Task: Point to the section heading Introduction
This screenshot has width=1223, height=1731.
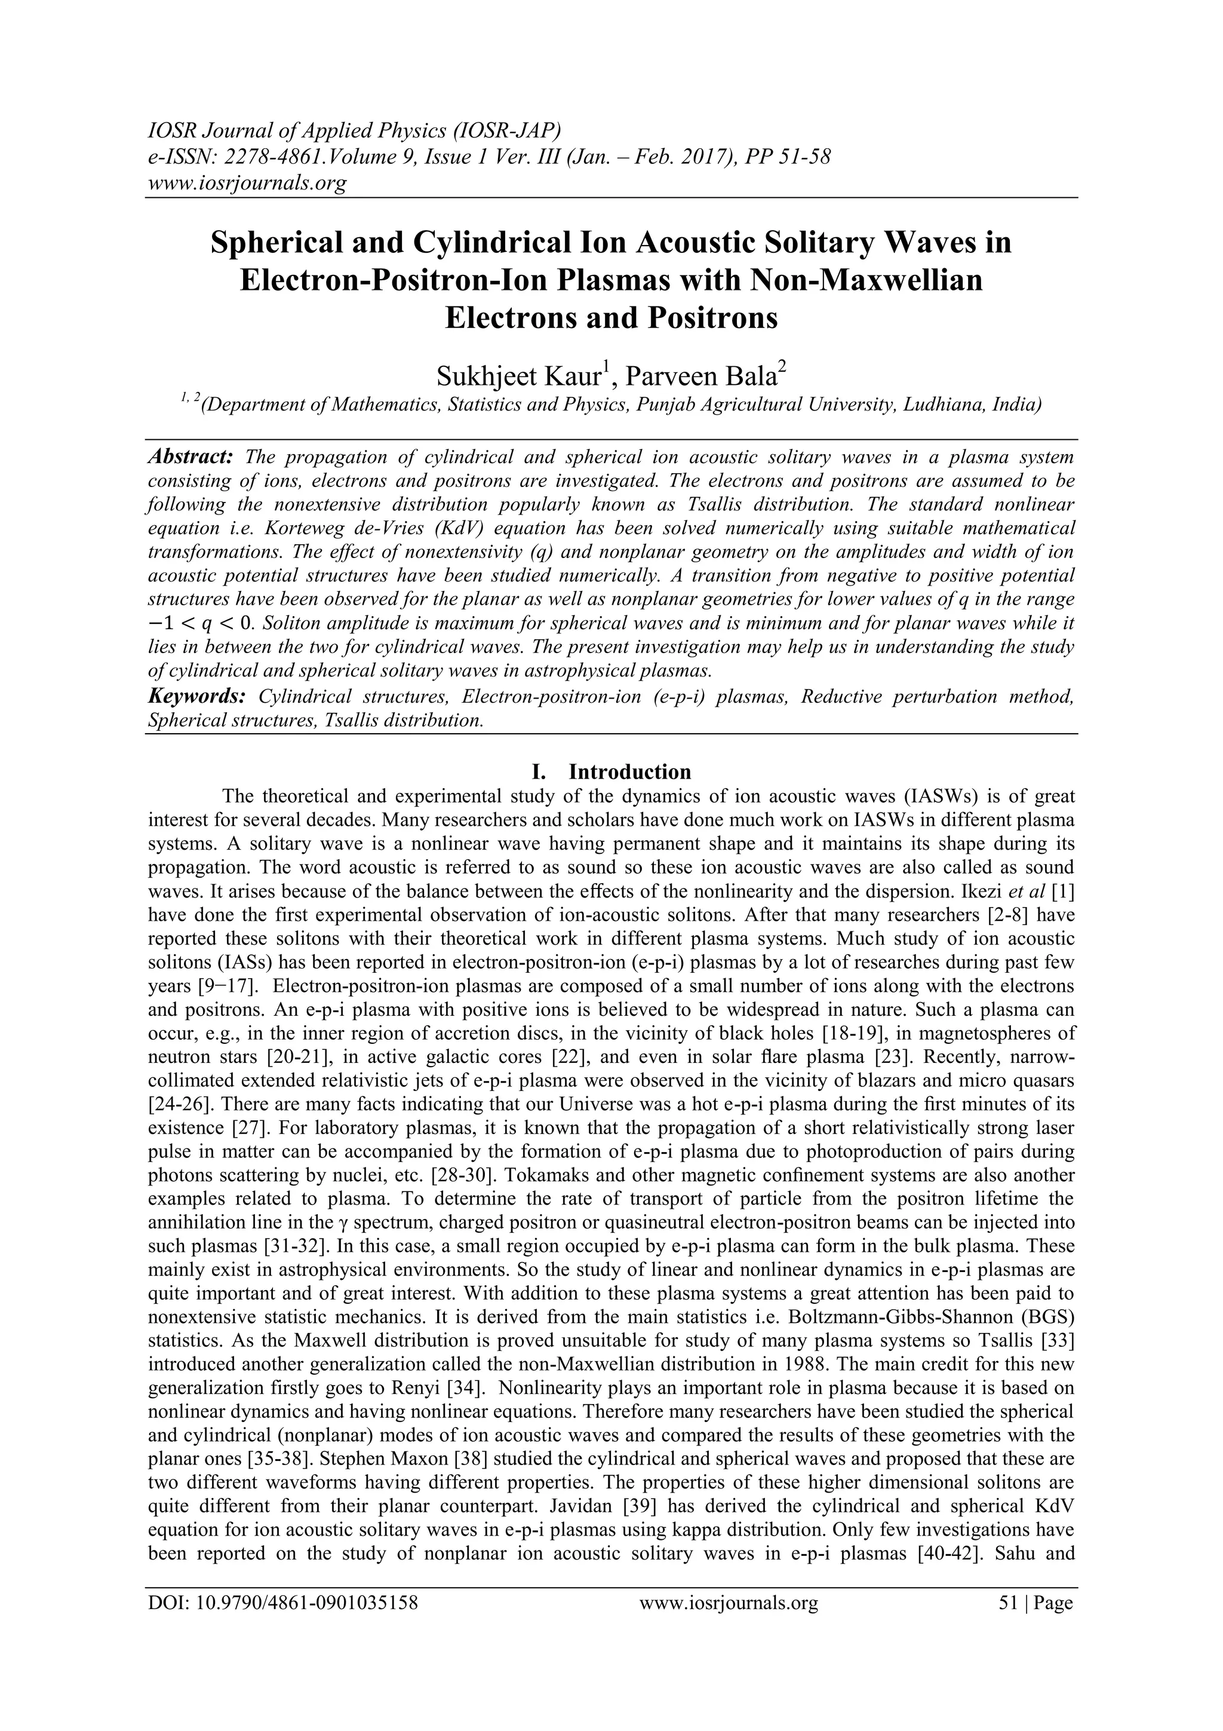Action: (629, 772)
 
